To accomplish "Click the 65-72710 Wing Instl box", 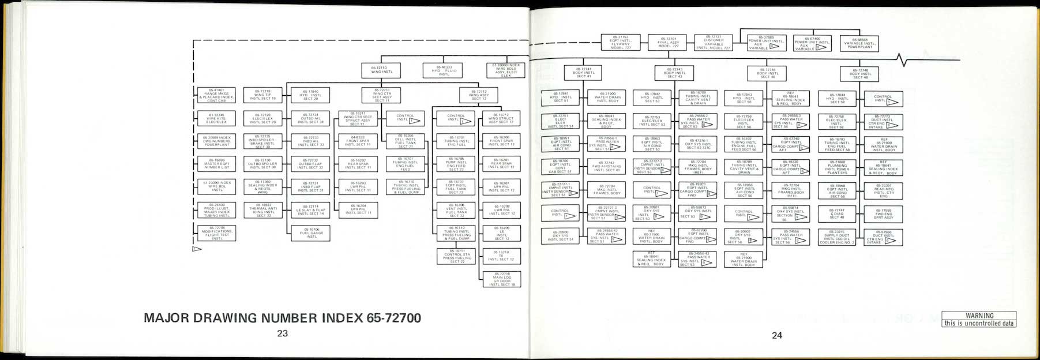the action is coord(382,70).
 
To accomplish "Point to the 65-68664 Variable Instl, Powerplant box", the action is coord(859,43).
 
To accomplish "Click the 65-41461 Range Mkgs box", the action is coord(217,95).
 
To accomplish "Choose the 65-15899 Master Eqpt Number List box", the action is coord(217,163).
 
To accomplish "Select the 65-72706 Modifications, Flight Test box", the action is coord(217,233).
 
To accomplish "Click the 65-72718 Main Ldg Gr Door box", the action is coord(502,279).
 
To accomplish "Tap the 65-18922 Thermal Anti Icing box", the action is coord(263,210).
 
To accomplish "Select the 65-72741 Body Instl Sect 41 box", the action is coord(584,73).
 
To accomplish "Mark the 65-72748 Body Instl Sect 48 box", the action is coord(860,73).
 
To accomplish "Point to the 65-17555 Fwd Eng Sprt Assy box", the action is coord(883,214).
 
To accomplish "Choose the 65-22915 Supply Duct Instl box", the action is coord(837,237).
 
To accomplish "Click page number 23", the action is coord(282,333).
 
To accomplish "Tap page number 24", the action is coord(777,335).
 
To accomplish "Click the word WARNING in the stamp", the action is coord(979,316).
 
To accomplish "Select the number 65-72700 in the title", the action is coord(393,318).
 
